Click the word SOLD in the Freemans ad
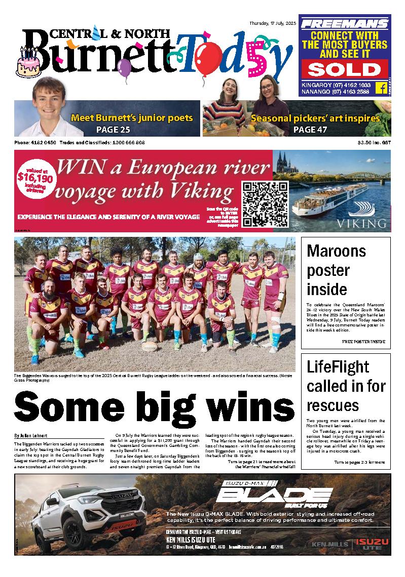(x=343, y=69)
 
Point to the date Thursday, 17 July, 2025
(x=273, y=23)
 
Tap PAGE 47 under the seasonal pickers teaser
(x=310, y=130)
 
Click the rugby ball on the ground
(x=149, y=347)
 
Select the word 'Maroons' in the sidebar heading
(x=336, y=251)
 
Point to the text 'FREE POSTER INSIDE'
(x=363, y=342)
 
